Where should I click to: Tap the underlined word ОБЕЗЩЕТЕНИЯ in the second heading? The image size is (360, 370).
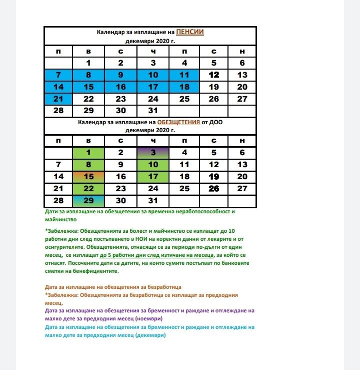tap(178, 122)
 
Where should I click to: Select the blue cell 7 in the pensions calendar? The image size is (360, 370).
tap(58, 75)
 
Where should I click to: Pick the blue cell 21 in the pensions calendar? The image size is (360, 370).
tap(58, 99)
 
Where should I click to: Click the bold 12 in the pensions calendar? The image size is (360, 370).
tap(214, 75)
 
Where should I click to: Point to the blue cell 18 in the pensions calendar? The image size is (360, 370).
tap(184, 87)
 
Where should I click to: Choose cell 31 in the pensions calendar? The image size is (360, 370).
tap(153, 111)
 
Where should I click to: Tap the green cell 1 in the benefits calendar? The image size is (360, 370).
tap(88, 153)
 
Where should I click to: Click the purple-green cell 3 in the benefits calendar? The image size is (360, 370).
tap(153, 153)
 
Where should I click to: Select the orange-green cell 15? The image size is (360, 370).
tap(88, 177)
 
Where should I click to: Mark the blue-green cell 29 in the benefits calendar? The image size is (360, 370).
tap(88, 201)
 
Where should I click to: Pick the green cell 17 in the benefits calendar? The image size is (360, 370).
tap(153, 177)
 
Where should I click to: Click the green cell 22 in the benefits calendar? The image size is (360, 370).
tap(88, 189)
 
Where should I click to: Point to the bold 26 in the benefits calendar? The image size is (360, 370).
tap(214, 189)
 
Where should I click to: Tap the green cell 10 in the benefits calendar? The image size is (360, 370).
tap(153, 165)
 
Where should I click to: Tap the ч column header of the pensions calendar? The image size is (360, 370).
tap(153, 52)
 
